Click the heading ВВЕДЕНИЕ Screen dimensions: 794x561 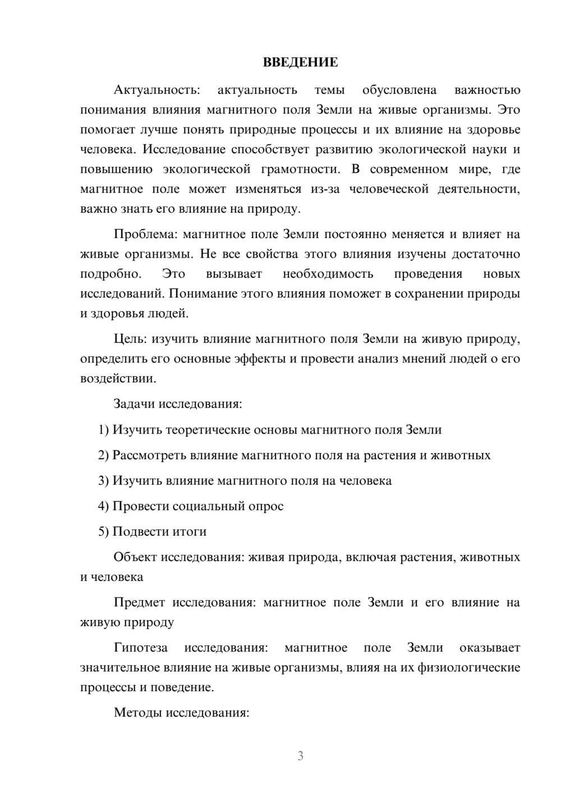point(300,62)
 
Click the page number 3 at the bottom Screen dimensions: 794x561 point(300,756)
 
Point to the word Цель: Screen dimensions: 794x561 point(130,339)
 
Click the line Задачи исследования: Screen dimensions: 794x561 point(177,404)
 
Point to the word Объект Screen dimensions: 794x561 point(135,557)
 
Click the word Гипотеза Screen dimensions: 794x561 point(140,647)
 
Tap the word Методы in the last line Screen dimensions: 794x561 point(135,713)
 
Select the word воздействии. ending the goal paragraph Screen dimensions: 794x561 point(118,378)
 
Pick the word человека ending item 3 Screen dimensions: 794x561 point(366,481)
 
